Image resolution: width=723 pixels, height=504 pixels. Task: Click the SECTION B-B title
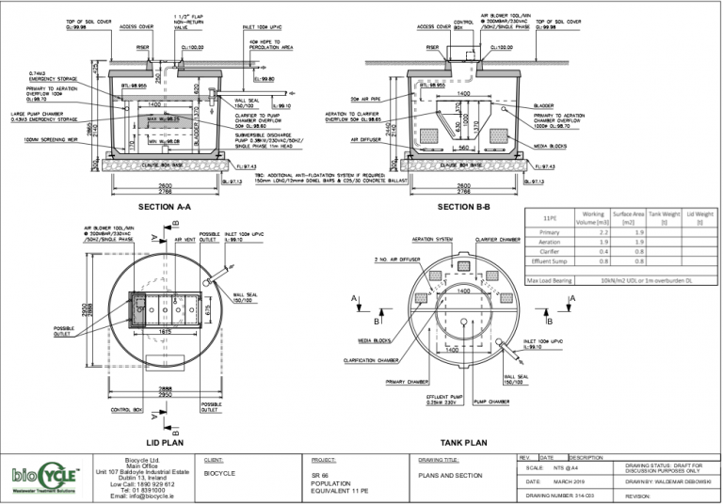pos(468,205)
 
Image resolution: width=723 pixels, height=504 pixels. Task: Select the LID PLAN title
pos(164,440)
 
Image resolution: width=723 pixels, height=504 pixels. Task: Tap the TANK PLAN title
pos(462,440)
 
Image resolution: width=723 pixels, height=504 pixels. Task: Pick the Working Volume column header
pos(594,218)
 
